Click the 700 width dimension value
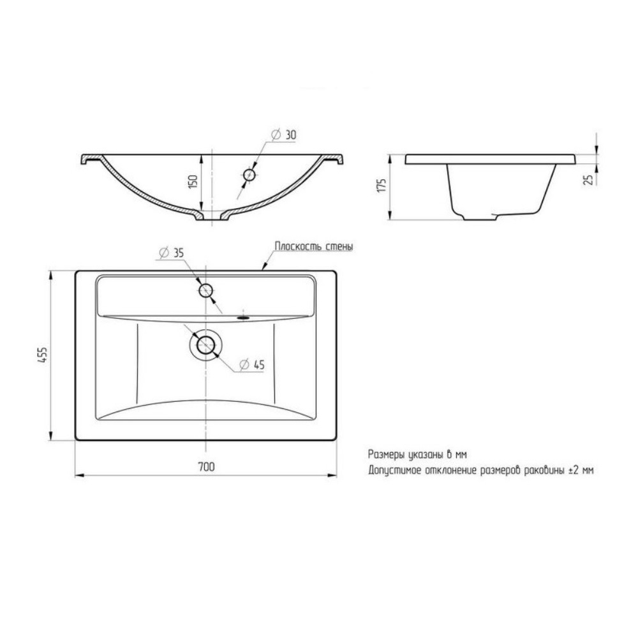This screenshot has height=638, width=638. (x=206, y=467)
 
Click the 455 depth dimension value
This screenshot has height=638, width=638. (x=43, y=355)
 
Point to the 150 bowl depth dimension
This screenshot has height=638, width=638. (x=193, y=181)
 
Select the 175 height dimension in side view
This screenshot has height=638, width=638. (x=382, y=185)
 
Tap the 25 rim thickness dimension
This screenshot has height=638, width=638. (x=588, y=179)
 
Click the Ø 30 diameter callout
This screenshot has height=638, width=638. (x=284, y=135)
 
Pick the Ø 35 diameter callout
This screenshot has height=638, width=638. (x=171, y=253)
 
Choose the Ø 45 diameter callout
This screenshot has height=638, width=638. (x=252, y=365)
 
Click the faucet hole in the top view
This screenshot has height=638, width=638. (x=206, y=290)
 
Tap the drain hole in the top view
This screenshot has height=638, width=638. (x=206, y=345)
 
